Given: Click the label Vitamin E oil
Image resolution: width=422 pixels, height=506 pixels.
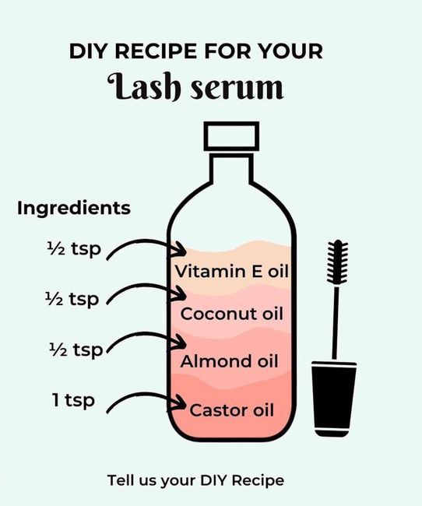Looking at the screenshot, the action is click(x=231, y=271).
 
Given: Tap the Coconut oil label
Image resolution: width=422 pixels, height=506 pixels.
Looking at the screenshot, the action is click(x=231, y=314).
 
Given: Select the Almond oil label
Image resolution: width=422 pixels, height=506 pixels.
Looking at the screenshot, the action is click(x=229, y=361).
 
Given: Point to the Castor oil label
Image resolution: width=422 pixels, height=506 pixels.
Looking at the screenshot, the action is click(x=231, y=410).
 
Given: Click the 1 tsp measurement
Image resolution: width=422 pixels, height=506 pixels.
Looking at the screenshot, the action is click(x=73, y=401).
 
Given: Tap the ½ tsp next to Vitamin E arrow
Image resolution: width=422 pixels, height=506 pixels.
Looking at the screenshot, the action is click(x=74, y=249).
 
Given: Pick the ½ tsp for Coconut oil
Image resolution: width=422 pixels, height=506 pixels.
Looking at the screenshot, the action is click(x=72, y=300).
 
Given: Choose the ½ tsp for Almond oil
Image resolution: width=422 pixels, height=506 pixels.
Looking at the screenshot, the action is click(x=76, y=350).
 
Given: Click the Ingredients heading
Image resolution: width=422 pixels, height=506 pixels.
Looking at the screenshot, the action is click(x=74, y=209).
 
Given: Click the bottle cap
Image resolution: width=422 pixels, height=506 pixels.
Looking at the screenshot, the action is click(x=231, y=136).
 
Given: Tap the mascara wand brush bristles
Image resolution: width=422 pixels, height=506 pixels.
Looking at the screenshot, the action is click(x=337, y=262).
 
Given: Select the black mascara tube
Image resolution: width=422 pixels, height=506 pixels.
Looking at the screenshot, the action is click(x=333, y=399).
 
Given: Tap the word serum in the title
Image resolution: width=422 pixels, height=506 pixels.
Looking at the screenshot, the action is click(x=237, y=88).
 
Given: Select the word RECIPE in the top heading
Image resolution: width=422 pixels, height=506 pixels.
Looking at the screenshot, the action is click(x=156, y=51).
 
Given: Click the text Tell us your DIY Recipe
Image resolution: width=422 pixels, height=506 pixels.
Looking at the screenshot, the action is click(x=195, y=480).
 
